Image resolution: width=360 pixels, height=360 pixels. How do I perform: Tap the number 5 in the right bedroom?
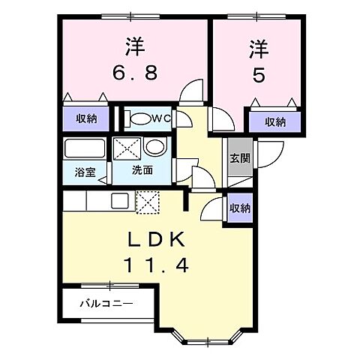click(x=256, y=76)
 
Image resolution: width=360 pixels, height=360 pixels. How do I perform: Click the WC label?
click(x=163, y=118)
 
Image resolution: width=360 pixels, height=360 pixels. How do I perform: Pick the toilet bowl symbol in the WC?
click(x=140, y=118)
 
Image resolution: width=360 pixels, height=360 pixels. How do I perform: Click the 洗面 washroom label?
click(x=142, y=170)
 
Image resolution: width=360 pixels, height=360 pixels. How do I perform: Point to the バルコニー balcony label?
click(x=108, y=304)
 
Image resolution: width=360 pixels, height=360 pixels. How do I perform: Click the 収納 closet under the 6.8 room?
click(x=86, y=118)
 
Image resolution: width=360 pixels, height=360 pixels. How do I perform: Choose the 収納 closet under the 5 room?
click(x=274, y=121)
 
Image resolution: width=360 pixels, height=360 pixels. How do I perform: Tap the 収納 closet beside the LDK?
click(x=240, y=208)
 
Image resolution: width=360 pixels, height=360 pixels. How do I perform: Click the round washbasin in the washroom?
click(x=153, y=147)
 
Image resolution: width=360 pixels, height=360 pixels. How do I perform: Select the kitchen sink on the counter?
click(x=121, y=200)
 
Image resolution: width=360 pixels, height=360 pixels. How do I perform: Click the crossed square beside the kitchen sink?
click(x=148, y=201)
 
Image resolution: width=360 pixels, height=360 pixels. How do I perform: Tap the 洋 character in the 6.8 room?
click(x=134, y=47)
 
